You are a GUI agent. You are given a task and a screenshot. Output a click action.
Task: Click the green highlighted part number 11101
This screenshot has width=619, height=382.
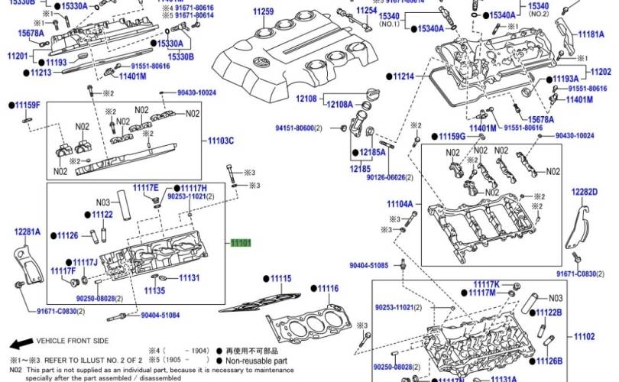click(x=241, y=242)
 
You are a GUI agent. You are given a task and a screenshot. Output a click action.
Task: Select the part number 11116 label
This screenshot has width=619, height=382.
click(x=328, y=288)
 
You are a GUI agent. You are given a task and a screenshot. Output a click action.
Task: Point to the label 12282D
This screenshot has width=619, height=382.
click(x=584, y=191)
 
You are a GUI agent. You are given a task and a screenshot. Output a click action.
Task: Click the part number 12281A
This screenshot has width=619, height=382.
click(x=27, y=231)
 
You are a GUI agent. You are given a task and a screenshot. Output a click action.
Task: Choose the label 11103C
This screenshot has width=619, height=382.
click(x=221, y=141)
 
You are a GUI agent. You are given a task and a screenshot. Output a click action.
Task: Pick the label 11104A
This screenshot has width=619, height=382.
click(x=400, y=205)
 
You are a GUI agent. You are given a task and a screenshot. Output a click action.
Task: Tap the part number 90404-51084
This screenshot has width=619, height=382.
click(x=160, y=314)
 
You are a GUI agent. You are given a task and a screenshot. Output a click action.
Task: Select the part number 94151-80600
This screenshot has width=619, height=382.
click(x=297, y=128)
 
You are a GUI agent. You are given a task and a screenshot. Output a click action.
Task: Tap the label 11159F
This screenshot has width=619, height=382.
click(x=28, y=105)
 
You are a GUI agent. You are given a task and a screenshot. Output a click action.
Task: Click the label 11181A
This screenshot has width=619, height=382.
click(x=591, y=34)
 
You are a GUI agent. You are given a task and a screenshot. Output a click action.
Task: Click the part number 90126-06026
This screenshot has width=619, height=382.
click(x=388, y=177)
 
